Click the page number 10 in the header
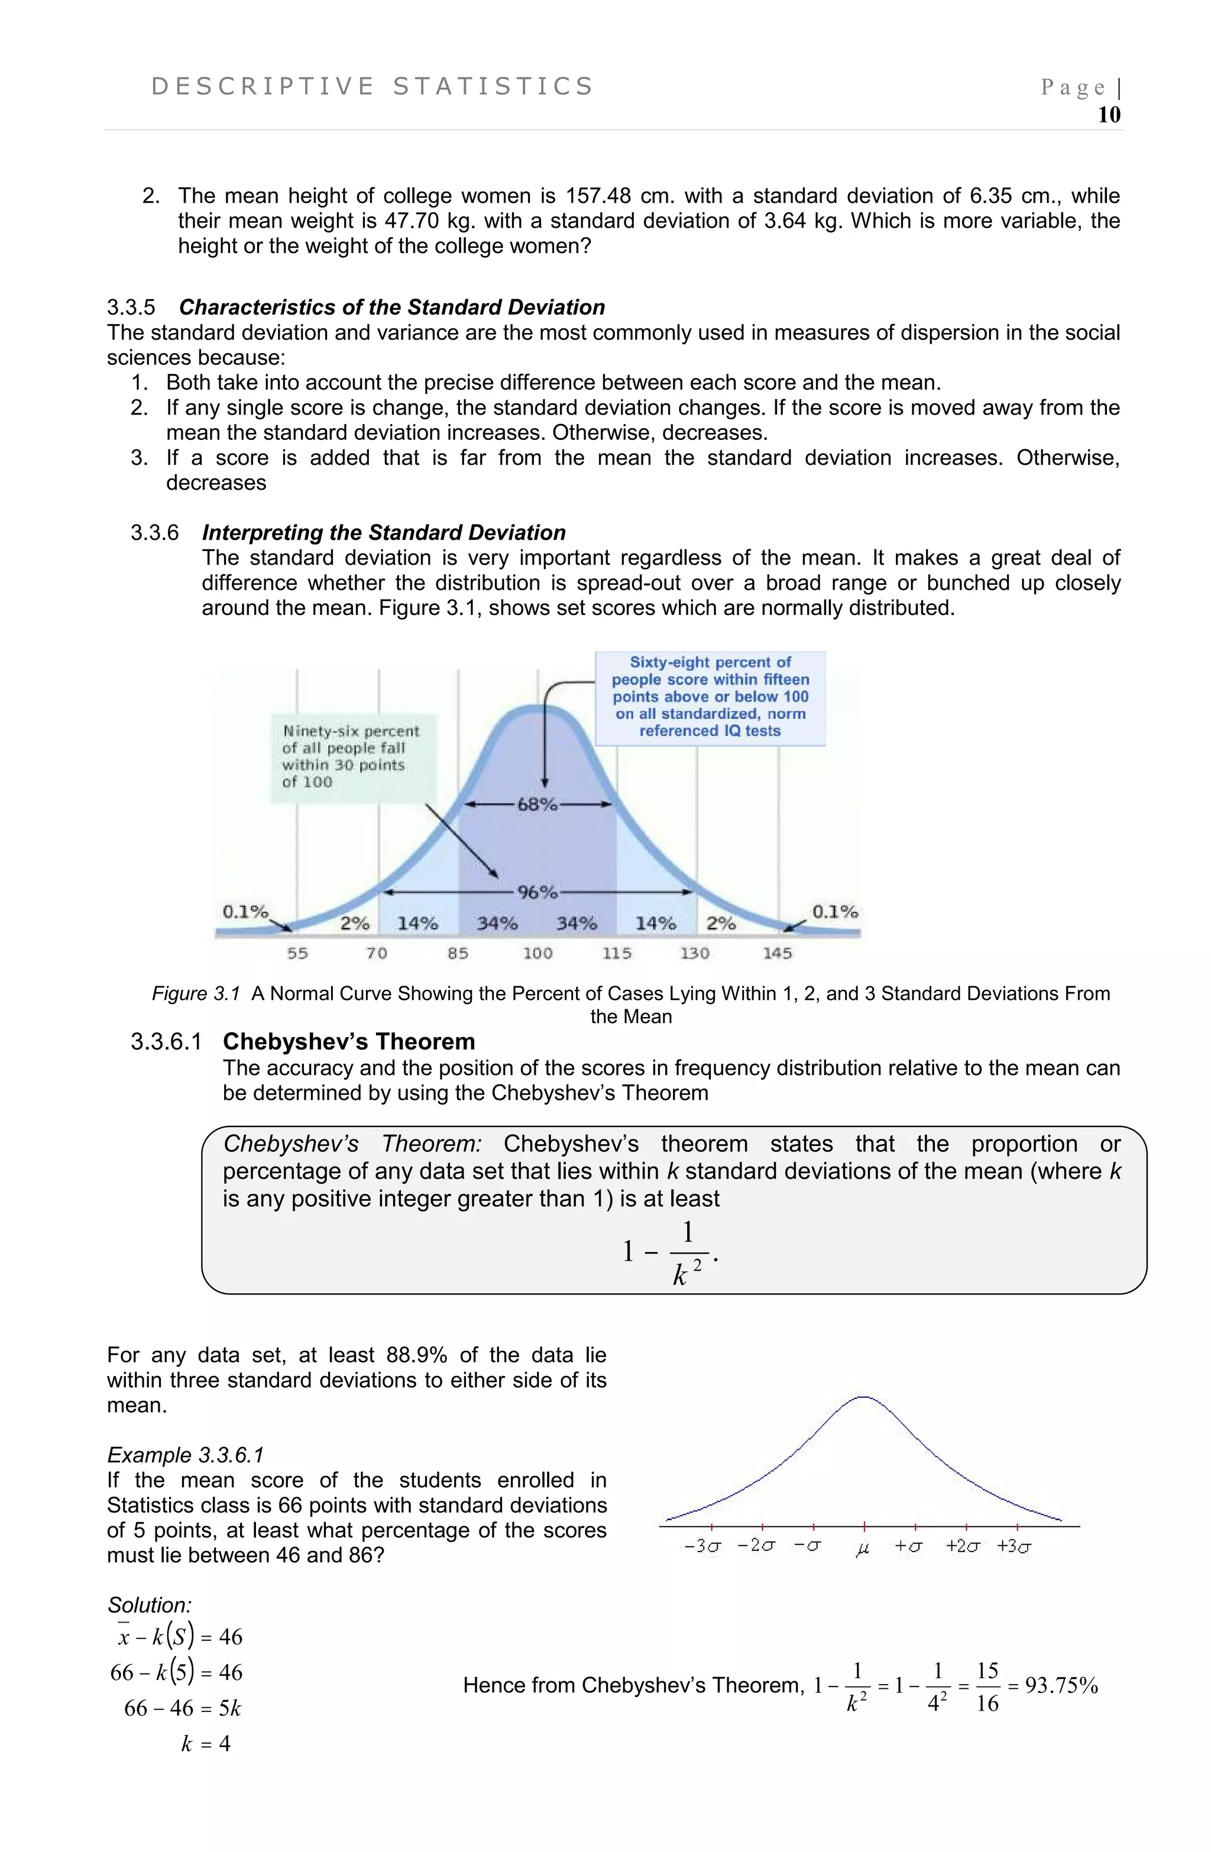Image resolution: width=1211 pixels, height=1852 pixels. pos(1108,115)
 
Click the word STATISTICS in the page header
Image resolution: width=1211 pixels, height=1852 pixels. pos(493,86)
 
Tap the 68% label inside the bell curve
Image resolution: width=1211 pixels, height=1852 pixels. pos(537,805)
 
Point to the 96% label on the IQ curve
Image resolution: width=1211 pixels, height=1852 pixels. pos(537,892)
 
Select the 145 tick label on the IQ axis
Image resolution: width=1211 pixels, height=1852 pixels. pos(777,953)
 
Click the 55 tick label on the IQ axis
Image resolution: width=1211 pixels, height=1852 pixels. pos(297,953)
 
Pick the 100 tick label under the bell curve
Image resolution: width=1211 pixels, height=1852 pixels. pos(537,953)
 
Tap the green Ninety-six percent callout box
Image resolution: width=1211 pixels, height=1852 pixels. pos(351,756)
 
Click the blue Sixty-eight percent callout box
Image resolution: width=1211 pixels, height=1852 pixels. pos(710,697)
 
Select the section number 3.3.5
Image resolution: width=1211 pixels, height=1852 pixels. pos(131,307)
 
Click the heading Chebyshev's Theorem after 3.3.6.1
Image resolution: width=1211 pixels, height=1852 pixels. pos(349,1042)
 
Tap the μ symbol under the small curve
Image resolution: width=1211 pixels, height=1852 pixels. pos(862,1549)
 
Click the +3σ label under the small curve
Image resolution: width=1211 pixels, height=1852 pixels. pos(1014,1547)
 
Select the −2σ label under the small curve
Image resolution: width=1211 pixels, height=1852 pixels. pos(756,1547)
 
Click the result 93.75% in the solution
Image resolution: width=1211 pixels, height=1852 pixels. pos(1061,1686)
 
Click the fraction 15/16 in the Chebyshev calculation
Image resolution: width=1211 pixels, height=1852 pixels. pos(987,1686)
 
